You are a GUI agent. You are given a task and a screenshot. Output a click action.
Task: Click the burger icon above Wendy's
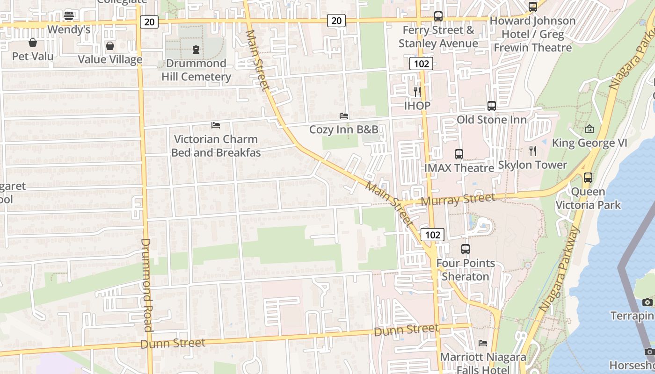pos(69,15)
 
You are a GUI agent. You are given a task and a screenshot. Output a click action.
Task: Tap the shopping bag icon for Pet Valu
pos(33,43)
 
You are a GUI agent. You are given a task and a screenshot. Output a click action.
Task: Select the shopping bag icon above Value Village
pos(109,46)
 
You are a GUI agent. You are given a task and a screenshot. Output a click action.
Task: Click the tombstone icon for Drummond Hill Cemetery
pos(196,49)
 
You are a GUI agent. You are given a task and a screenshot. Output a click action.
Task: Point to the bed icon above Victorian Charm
pos(216,125)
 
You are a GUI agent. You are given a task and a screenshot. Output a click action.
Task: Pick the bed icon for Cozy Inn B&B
pos(344,115)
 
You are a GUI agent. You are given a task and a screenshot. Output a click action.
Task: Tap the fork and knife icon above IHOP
pos(417,92)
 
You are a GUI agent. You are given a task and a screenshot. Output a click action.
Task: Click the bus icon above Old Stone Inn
pos(491,106)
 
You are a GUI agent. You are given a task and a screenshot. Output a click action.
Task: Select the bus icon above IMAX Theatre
pos(459,154)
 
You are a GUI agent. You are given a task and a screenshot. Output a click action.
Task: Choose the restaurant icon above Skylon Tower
pos(532,151)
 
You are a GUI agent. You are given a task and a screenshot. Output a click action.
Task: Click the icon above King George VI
pos(589,129)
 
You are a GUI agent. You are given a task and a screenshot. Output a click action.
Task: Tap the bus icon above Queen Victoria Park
pos(588,178)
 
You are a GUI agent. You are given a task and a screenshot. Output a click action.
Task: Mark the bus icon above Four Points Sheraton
pos(465,249)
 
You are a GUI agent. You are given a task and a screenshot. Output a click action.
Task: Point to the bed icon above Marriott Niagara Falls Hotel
pos(483,343)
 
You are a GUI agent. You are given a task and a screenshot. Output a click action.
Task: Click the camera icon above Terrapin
pos(648,302)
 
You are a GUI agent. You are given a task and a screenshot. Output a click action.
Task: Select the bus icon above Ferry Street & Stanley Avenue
pos(438,16)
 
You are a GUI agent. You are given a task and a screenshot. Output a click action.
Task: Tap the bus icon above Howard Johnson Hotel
pos(532,7)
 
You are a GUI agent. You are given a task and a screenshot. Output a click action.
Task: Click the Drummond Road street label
pos(147,285)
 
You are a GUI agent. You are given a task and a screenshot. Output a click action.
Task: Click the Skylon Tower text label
pos(532,165)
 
